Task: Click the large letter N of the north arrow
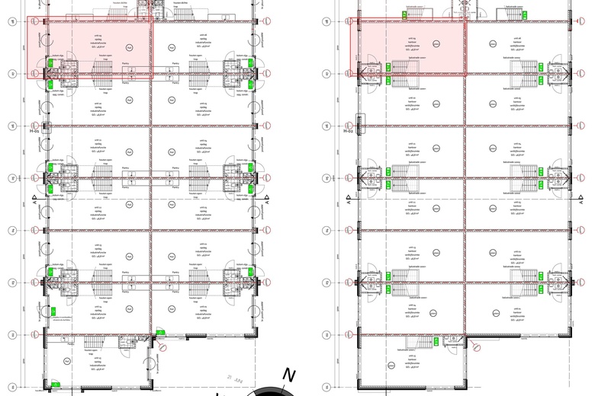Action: point(288,375)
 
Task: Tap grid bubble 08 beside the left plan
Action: point(12,21)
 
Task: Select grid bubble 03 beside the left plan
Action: point(12,283)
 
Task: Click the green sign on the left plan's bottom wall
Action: point(56,383)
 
